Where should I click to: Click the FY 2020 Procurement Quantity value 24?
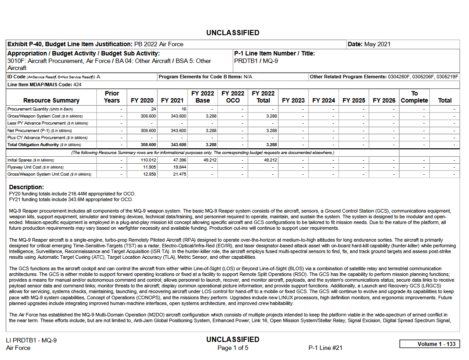[154, 109]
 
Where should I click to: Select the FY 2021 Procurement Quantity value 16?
[183, 109]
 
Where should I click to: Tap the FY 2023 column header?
[293, 100]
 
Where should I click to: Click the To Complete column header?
[414, 97]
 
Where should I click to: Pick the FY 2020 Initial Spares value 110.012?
[147, 160]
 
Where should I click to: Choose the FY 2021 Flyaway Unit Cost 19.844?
[179, 167]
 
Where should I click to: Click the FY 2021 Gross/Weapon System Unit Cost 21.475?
[179, 174]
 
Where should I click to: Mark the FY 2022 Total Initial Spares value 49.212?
[270, 160]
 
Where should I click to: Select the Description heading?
[26, 187]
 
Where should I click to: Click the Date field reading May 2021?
[369, 44]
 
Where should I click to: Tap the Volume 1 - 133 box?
[430, 344]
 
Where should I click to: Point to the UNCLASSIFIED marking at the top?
[233, 33]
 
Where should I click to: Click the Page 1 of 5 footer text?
[233, 348]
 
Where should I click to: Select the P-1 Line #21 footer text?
[325, 348]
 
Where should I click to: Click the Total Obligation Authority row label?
[33, 145]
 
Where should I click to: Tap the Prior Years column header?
[112, 97]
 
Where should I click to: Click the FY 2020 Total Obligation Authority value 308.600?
[148, 145]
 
